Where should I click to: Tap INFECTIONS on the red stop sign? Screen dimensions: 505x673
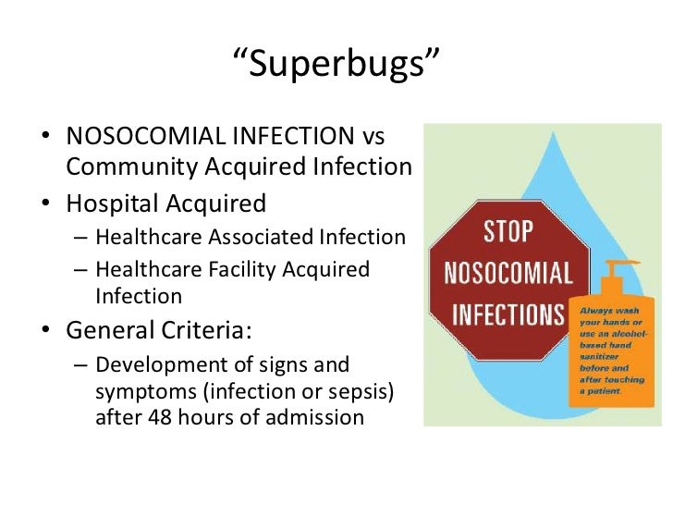tap(508, 313)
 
